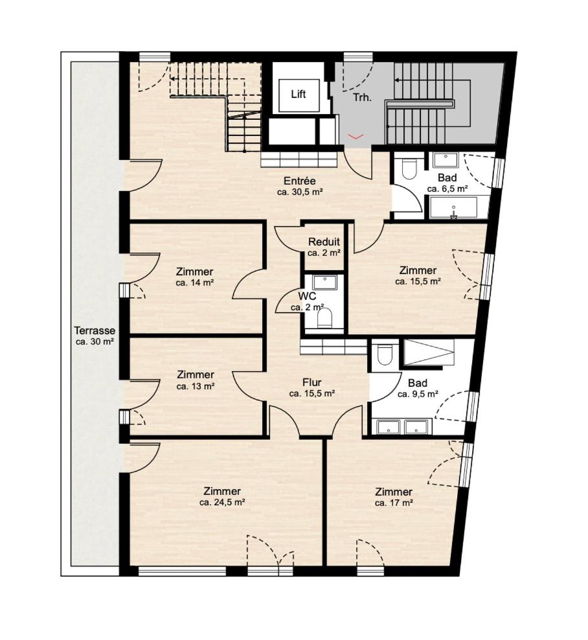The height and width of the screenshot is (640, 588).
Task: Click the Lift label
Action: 299,95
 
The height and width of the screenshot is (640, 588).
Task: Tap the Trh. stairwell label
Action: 362,98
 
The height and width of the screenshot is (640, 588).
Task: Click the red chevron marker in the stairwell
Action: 356,137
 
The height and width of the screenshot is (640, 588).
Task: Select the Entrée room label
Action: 300,181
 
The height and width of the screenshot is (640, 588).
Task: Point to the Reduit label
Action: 324,242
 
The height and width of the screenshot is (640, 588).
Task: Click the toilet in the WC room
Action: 325,318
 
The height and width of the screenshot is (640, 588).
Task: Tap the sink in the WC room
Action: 325,282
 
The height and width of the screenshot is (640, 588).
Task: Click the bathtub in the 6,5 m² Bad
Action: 453,207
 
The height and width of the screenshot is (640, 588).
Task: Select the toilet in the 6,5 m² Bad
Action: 409,168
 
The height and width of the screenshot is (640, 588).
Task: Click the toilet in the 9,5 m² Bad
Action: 385,354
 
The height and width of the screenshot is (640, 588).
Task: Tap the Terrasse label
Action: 95,330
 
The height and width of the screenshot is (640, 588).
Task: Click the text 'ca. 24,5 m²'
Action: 222,503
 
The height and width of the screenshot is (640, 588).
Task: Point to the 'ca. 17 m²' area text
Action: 394,503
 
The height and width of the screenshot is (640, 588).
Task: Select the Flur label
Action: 311,382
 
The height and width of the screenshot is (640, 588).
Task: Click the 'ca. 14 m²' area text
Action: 196,282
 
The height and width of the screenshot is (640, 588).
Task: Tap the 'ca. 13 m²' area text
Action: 196,385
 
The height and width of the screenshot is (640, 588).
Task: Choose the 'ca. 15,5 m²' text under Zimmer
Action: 418,281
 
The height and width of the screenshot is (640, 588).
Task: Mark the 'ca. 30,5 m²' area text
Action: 300,192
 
